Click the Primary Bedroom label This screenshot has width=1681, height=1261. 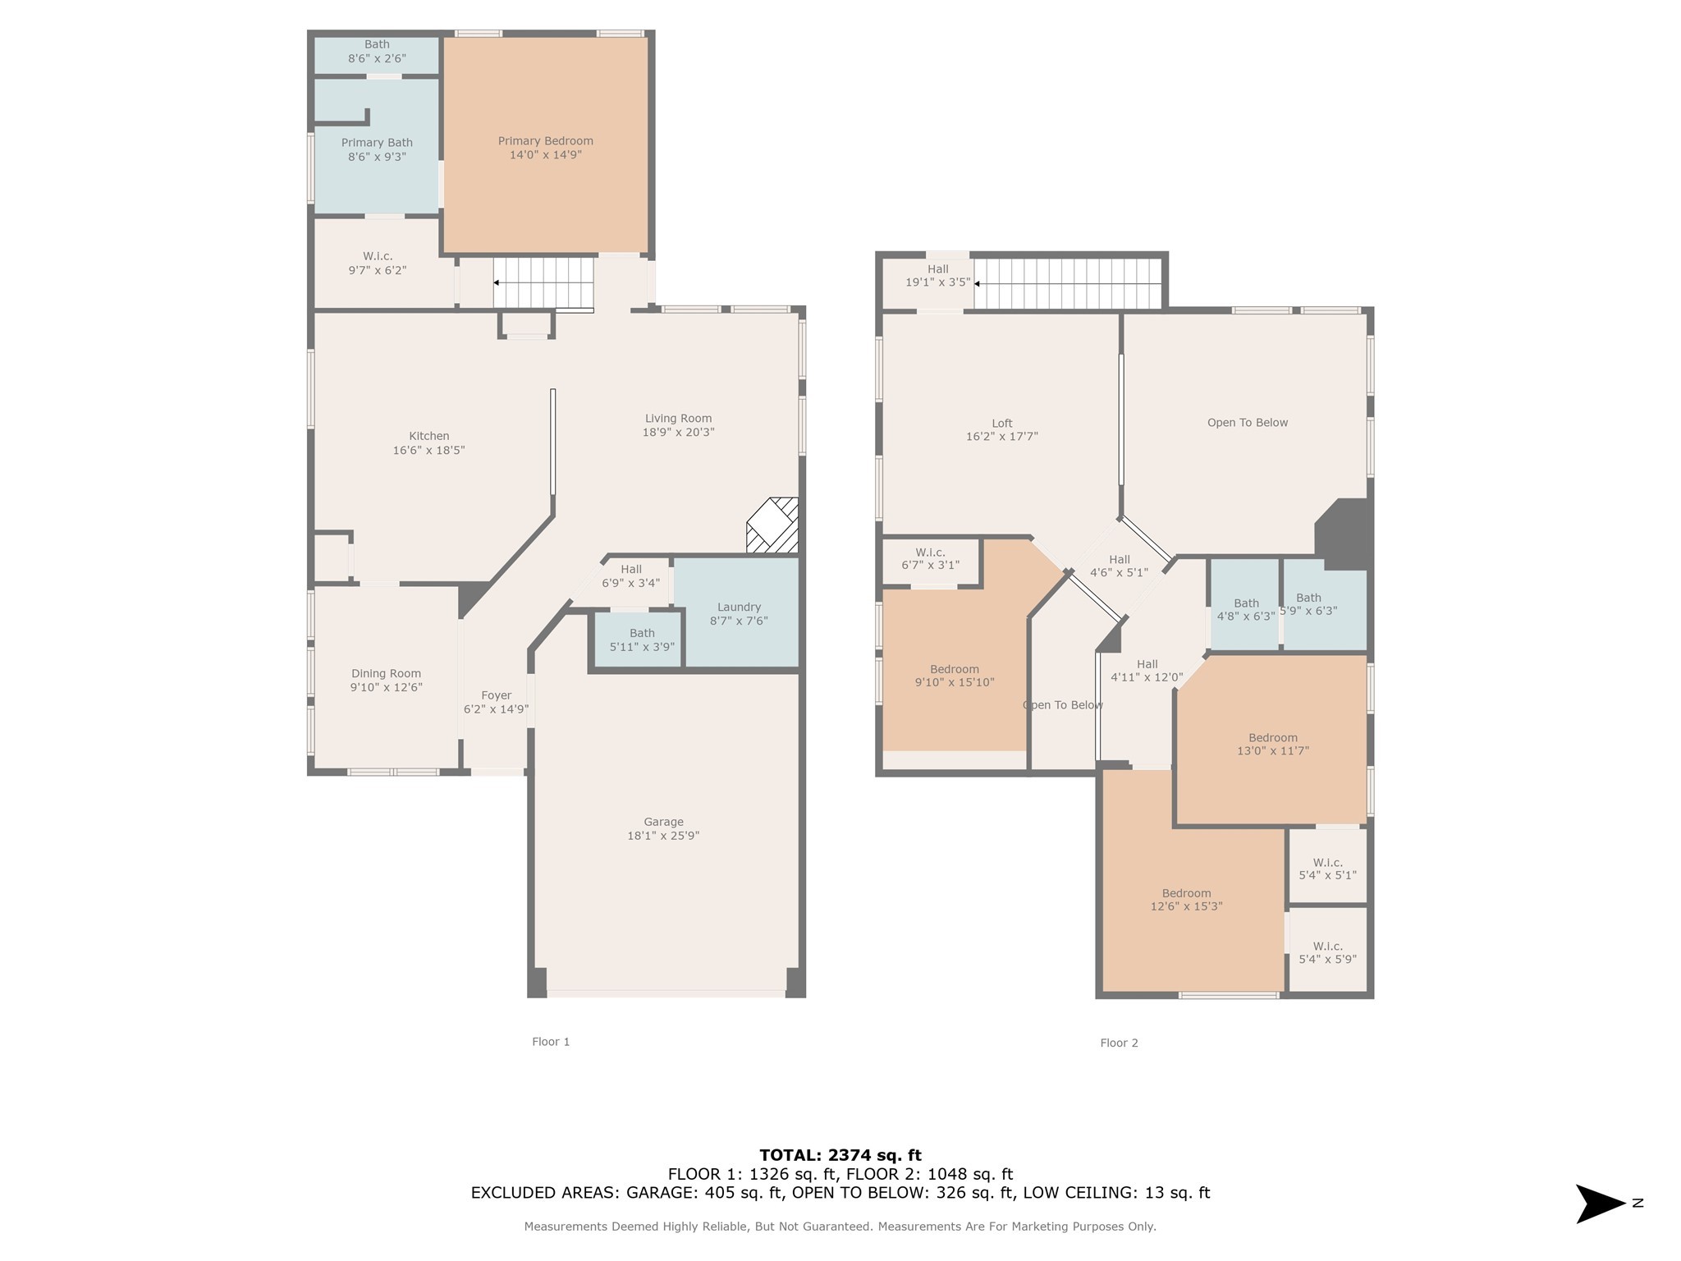545,141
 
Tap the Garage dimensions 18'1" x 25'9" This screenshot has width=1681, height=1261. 662,836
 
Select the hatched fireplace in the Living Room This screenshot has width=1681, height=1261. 772,525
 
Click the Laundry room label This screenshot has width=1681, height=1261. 739,608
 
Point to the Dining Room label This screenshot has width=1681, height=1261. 386,674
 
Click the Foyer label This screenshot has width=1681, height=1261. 496,695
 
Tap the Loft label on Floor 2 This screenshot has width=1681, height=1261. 1001,424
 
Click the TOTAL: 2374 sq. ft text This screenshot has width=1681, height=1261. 840,1155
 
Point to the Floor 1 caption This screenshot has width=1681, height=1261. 551,1042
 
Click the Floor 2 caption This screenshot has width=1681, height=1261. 1119,1043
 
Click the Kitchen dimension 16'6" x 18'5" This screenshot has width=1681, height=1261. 428,450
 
